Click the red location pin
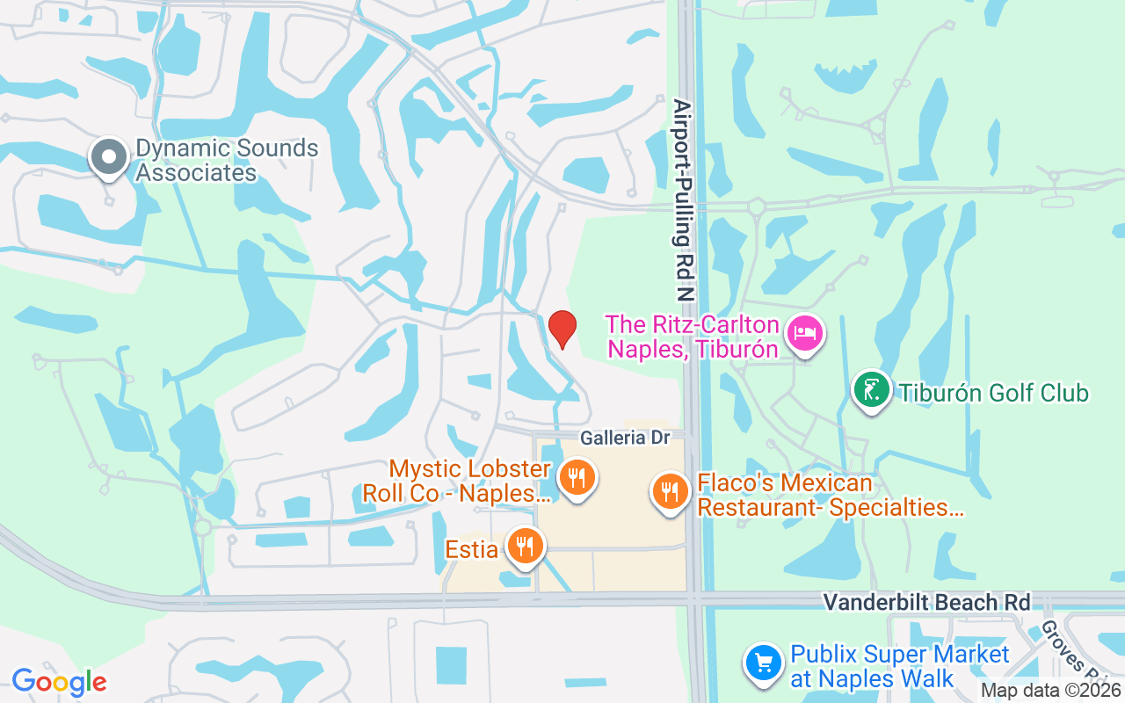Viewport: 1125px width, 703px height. pos(562,329)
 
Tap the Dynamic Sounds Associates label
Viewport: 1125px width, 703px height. pos(227,160)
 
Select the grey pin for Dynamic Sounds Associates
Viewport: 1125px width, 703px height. pos(110,157)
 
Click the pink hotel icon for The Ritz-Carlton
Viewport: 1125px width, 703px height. pos(805,334)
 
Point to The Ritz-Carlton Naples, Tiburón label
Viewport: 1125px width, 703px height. pos(693,337)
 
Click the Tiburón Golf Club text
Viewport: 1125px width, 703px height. pos(993,392)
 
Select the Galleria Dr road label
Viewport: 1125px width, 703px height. pos(625,438)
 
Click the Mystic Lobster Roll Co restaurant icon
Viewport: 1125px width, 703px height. pos(577,478)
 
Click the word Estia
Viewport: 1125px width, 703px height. pos(472,549)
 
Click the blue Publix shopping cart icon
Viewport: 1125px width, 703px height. pos(764,663)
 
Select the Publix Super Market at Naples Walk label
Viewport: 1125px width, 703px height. pos(899,666)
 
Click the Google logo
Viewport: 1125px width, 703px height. pos(59,681)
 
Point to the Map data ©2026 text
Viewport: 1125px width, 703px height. pos(1050,691)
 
